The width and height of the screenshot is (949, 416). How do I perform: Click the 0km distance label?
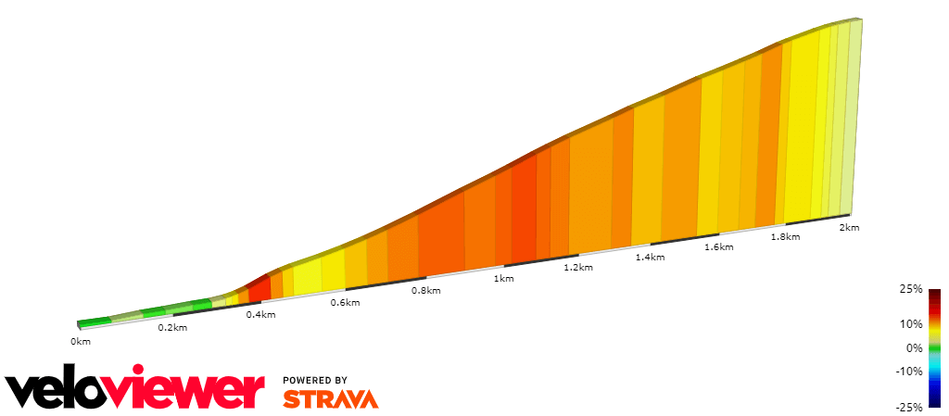point(81,341)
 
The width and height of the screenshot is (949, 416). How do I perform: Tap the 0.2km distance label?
point(172,328)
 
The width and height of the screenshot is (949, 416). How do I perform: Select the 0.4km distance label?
point(260,315)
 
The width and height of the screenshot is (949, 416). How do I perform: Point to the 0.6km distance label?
point(345,303)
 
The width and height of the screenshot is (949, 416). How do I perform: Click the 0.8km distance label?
point(425,291)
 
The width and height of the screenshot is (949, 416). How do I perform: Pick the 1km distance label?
point(504,279)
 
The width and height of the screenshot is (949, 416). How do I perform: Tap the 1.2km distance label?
point(577,268)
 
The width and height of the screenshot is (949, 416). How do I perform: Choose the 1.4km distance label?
point(650,258)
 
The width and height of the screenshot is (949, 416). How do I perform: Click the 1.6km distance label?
point(719,247)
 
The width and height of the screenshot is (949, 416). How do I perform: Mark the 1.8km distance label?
point(785,237)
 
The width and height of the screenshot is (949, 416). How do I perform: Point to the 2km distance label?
point(849,227)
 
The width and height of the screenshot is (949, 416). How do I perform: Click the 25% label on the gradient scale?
point(912,290)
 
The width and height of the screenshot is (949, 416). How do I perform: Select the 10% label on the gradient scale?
point(912,324)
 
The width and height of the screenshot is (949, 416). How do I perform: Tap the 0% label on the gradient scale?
point(915,348)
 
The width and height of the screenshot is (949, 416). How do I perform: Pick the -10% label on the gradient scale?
point(910,372)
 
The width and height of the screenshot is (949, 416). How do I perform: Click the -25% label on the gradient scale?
point(910,407)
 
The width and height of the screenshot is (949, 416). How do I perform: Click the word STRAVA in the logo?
point(331,398)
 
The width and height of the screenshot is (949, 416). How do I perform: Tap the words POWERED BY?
point(315,380)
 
